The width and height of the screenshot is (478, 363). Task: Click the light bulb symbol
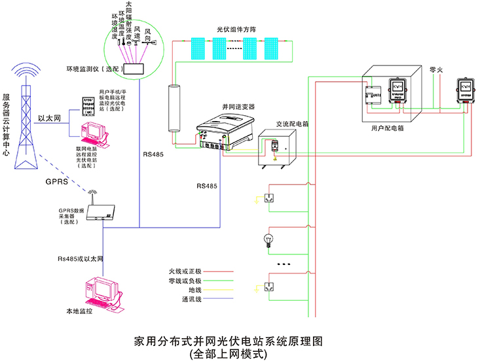(x=268, y=239)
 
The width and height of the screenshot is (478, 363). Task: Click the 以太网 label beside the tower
(x=49, y=118)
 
